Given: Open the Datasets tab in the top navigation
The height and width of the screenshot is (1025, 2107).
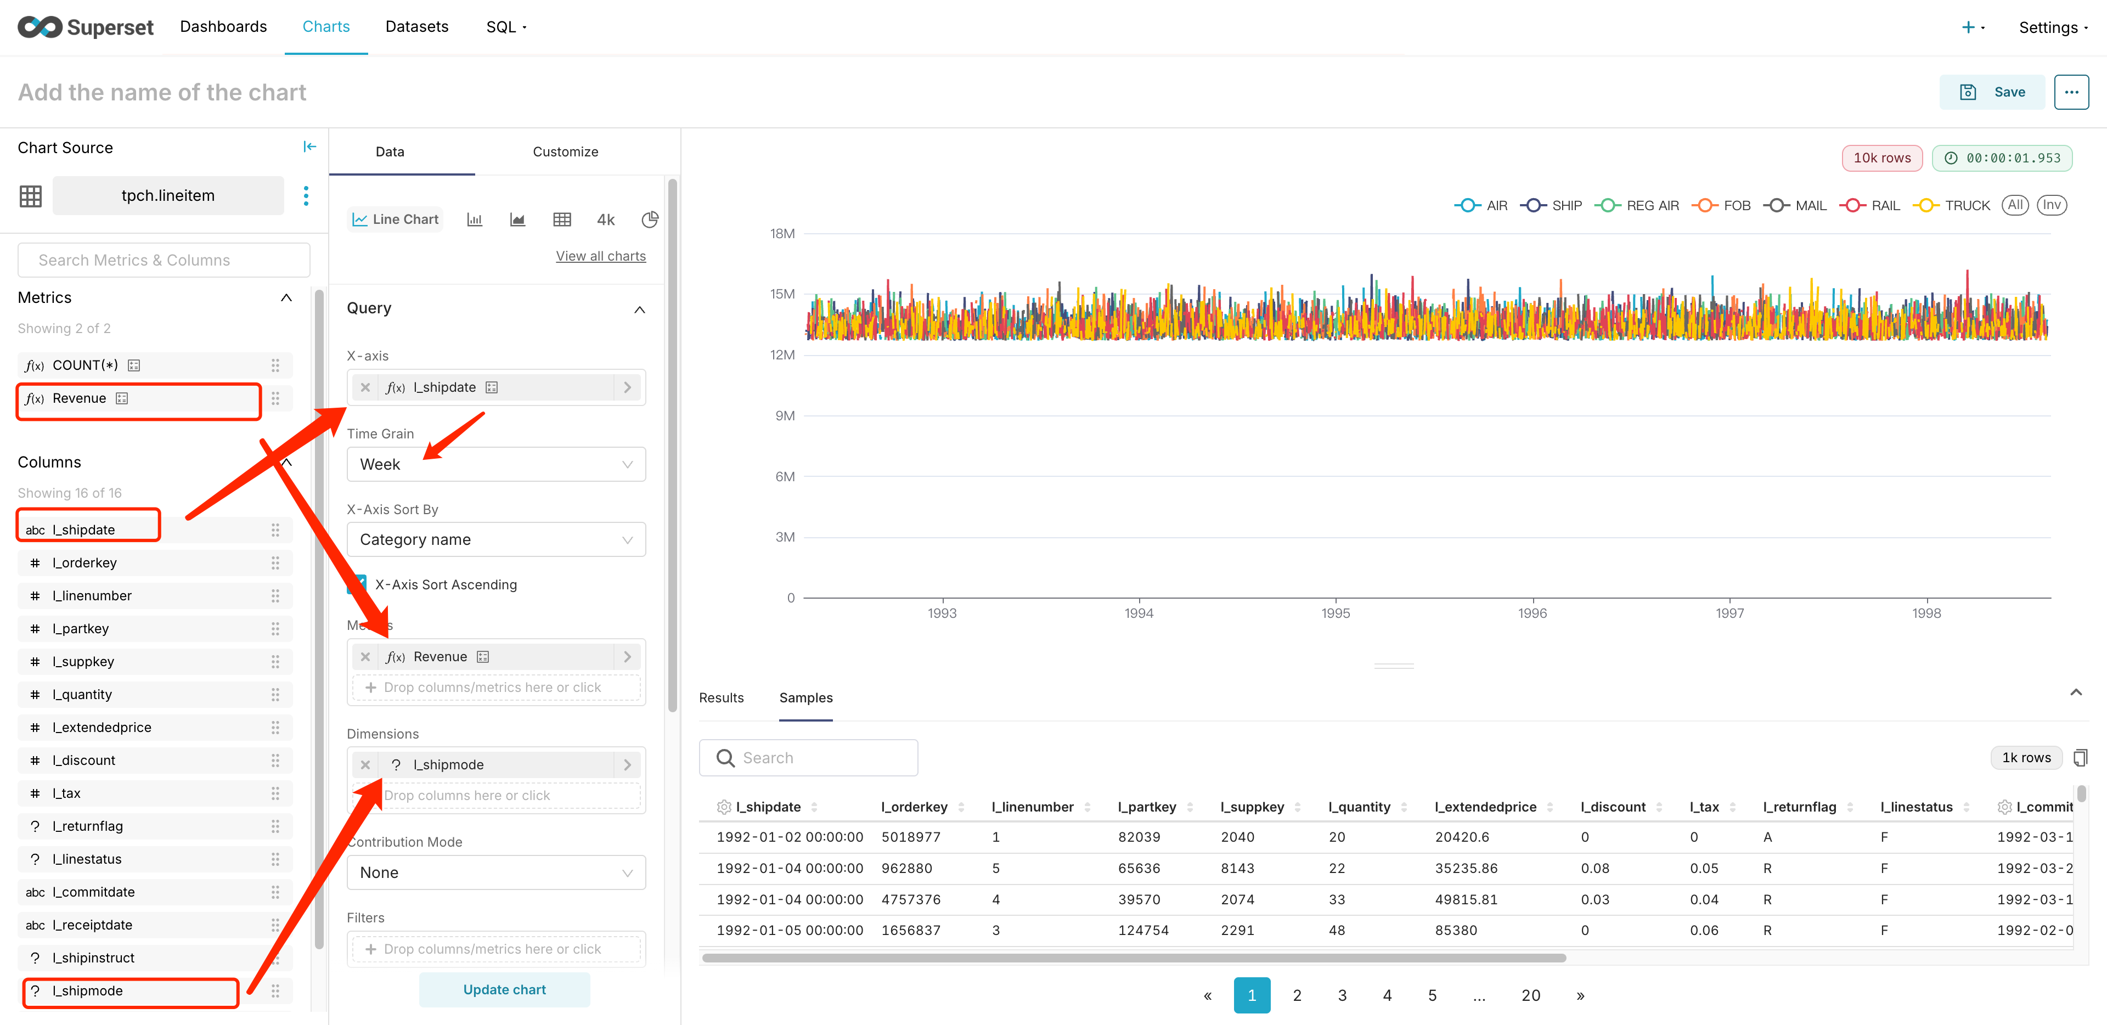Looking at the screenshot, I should pos(416,27).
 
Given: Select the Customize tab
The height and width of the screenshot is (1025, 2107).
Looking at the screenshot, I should pos(565,152).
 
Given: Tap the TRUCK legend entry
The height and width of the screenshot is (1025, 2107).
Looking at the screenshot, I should pos(1955,205).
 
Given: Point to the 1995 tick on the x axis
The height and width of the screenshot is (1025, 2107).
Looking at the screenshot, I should pos(1336,613).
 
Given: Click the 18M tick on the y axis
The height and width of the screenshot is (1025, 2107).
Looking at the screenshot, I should pos(782,234).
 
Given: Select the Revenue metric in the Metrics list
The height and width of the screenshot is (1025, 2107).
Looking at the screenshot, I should pos(80,398).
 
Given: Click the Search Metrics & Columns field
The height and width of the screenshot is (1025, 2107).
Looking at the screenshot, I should pos(164,260).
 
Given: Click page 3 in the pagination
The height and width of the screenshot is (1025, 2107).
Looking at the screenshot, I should pos(1342,995).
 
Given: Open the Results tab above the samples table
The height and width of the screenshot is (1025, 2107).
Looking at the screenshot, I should pos(720,698).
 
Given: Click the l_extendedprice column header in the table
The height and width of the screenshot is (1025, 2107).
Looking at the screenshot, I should pos(1485,807).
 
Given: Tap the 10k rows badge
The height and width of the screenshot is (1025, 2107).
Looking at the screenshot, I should pos(1881,158).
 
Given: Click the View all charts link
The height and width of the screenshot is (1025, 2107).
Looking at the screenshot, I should pos(600,256).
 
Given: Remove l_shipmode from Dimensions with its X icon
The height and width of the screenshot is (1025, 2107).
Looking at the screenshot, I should pos(365,765).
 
